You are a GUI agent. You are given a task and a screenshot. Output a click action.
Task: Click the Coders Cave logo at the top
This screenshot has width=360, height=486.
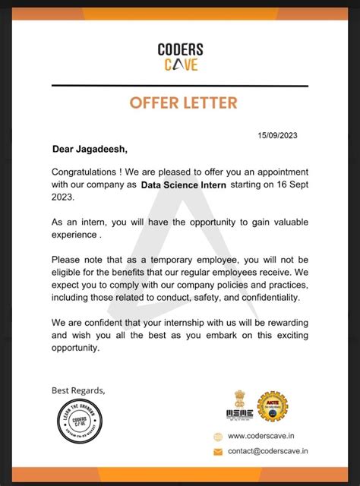(180, 56)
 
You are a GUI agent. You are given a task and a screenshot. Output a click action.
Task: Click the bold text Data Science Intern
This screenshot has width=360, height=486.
(184, 185)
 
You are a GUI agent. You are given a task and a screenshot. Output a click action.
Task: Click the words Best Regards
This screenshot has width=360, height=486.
(78, 390)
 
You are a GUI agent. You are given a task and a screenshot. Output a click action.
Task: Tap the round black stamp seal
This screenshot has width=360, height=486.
(79, 423)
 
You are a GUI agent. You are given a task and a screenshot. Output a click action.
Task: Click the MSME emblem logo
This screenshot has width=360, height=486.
(238, 406)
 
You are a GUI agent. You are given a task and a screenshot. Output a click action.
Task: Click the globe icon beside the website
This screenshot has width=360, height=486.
(218, 436)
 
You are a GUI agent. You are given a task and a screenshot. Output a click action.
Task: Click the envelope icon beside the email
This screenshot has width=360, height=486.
(218, 452)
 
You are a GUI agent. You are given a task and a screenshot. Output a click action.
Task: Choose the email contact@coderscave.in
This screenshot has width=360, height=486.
(268, 452)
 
